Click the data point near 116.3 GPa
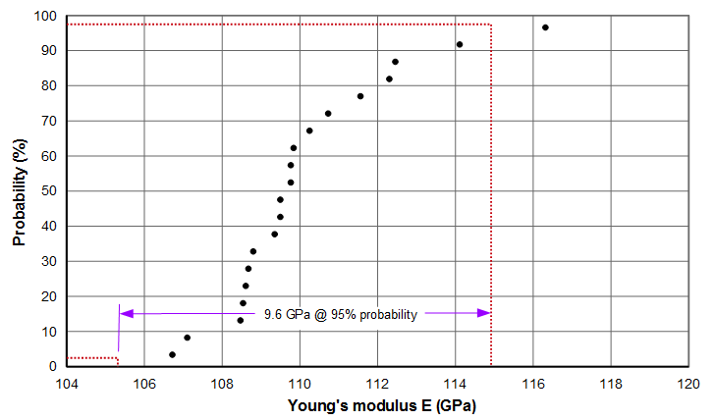[545, 27]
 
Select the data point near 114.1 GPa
[459, 44]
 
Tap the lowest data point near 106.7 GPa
[172, 354]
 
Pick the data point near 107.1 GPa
[187, 338]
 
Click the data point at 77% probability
[360, 96]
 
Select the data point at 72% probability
[328, 114]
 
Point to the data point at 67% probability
[309, 131]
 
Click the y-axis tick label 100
[44, 17]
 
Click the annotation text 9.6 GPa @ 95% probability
[341, 314]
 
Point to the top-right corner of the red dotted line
[490, 25]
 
